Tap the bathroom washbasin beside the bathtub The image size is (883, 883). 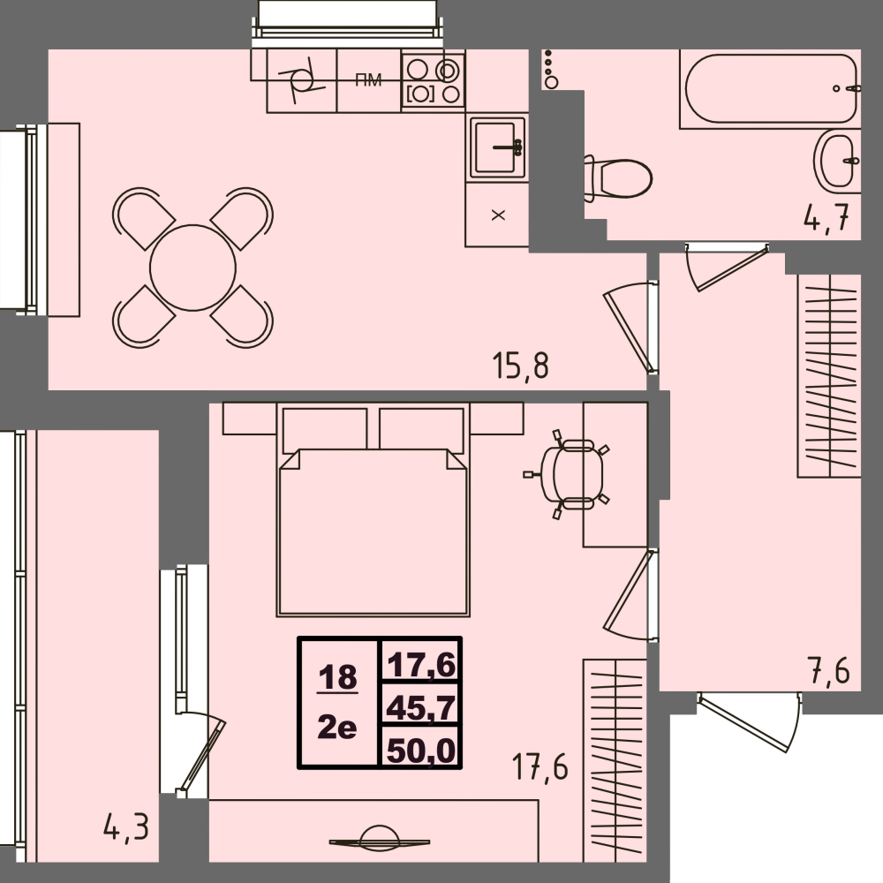(835, 159)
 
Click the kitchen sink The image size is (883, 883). (497, 147)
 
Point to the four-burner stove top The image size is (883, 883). (433, 79)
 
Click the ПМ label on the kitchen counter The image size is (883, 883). (368, 81)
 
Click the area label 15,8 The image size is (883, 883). (521, 365)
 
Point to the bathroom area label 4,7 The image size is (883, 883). (831, 217)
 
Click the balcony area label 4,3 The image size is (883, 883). (125, 827)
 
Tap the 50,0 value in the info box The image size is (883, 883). (420, 750)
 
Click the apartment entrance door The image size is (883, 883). (751, 720)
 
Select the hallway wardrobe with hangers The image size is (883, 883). (828, 375)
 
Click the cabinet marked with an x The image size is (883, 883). (497, 215)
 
